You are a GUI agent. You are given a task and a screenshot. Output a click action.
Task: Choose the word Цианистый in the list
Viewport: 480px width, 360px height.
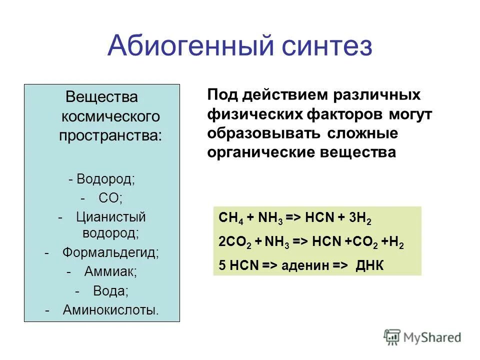(110, 217)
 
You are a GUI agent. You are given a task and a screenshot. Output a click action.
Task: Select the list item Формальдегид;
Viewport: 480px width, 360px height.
(110, 252)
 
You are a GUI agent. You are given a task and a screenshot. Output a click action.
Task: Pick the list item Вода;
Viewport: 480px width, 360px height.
(110, 291)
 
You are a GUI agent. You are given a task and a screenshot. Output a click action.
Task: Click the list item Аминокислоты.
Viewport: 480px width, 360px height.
(110, 310)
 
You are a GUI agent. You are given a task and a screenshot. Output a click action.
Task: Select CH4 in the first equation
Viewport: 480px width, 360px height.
(230, 220)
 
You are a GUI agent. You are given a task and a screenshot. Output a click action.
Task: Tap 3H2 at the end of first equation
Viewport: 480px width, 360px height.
(363, 220)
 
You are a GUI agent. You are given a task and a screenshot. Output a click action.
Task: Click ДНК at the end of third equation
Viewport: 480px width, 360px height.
(369, 264)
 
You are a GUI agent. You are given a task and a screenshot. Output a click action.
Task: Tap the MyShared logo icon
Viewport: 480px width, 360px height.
(392, 337)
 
